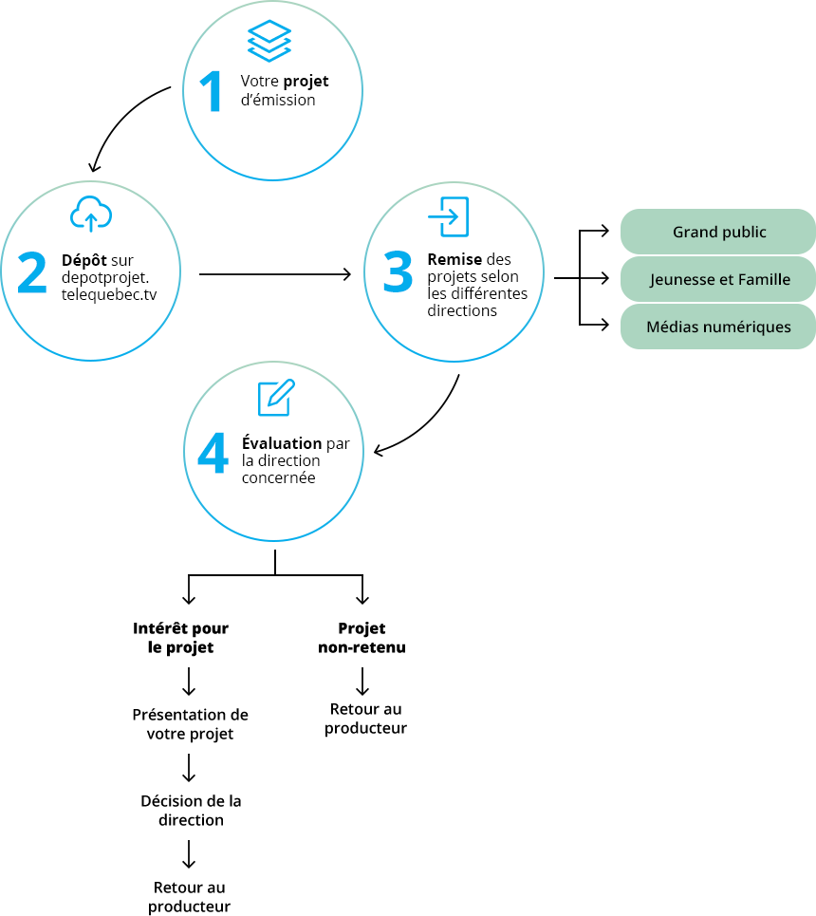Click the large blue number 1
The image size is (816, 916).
tap(211, 91)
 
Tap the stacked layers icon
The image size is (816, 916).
tap(269, 41)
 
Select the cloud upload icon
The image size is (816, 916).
tap(91, 214)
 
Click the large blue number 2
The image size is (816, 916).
tap(32, 272)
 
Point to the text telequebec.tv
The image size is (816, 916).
tap(109, 294)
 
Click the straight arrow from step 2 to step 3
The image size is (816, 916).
tap(275, 274)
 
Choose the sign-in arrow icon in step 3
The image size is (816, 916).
tap(449, 216)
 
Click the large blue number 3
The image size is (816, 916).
tap(398, 271)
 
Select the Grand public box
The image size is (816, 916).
tap(718, 232)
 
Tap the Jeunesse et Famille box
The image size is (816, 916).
tap(718, 279)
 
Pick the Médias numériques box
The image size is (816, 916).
tap(718, 327)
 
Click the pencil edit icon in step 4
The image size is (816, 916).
tap(276, 397)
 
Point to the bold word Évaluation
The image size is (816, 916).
tap(282, 442)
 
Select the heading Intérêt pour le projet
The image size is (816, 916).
tap(180, 637)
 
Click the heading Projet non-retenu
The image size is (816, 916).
tap(362, 637)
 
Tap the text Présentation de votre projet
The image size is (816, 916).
tap(191, 724)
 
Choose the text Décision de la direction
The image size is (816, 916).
tap(191, 811)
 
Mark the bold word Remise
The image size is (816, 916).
tap(454, 259)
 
